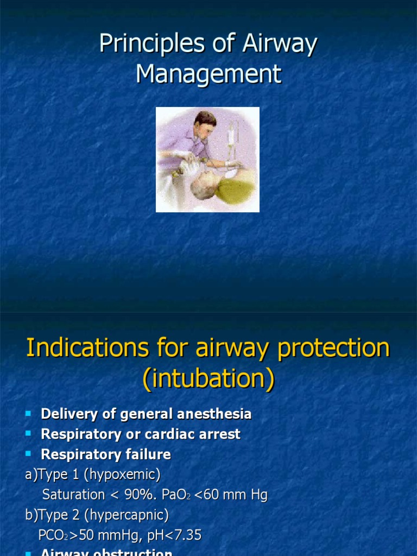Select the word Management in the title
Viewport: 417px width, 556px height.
coord(208,74)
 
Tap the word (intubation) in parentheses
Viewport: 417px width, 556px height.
coord(208,379)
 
